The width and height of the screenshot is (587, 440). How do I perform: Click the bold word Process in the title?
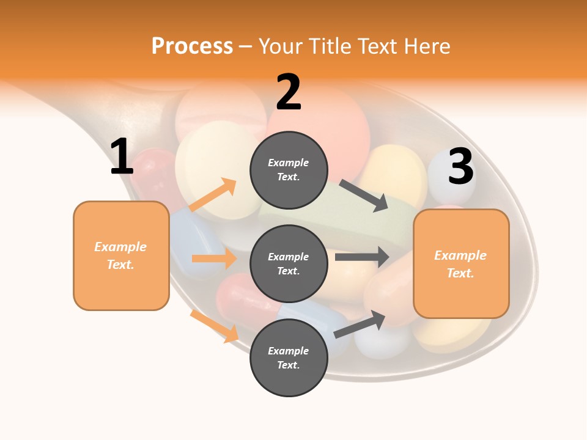point(192,46)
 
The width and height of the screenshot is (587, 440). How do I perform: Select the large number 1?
point(121,157)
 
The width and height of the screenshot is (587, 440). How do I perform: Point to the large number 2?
point(289,92)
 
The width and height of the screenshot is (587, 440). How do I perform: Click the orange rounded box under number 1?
point(121,255)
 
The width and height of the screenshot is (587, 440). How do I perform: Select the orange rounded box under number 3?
point(461,264)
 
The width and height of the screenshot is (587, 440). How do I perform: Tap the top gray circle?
point(289,170)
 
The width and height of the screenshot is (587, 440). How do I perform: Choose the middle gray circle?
point(289,263)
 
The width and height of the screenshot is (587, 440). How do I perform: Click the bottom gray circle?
point(289,358)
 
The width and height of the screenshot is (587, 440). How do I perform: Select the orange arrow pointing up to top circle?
point(212,195)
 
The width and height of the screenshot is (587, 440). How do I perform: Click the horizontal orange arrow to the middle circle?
point(214,258)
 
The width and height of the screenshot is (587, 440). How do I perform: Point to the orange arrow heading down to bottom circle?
point(214,326)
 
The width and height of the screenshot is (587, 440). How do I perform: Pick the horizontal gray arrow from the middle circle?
point(362,257)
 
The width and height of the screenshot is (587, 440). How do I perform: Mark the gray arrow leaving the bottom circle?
point(360,324)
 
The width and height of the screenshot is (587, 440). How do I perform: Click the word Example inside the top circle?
point(289,163)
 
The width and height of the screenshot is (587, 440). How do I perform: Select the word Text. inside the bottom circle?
point(289,365)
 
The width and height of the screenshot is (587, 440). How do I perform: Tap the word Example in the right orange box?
point(460,255)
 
